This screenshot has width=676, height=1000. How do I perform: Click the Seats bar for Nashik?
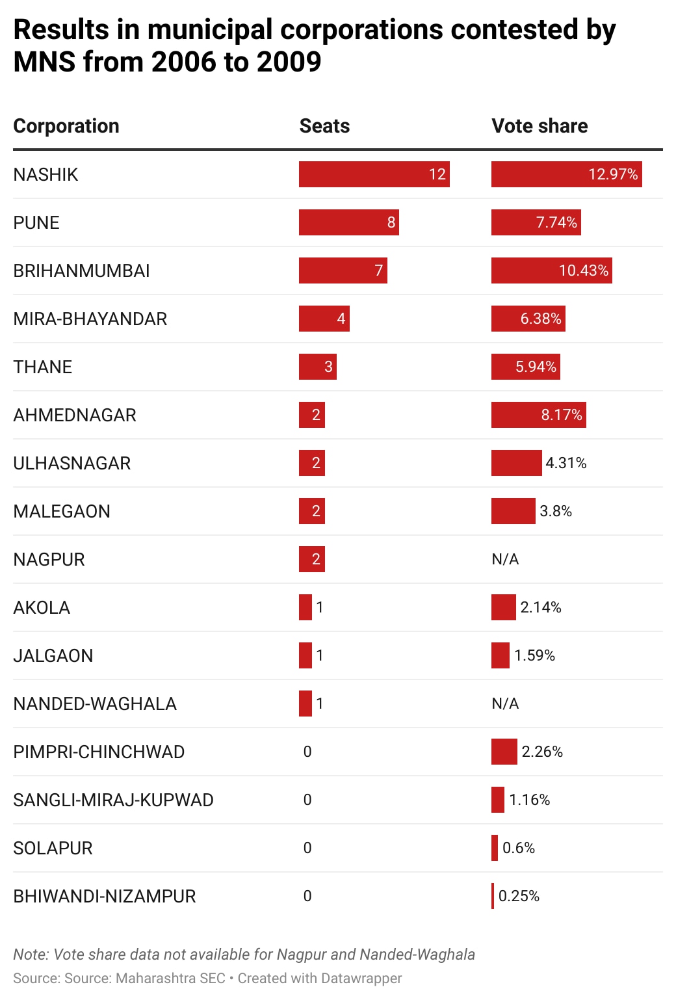[374, 174]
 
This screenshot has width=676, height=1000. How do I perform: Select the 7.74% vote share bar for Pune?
[536, 222]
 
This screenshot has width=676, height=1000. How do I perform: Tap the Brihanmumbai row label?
[81, 270]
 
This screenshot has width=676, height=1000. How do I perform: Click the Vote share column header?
[539, 125]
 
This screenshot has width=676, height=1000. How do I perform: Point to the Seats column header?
[324, 125]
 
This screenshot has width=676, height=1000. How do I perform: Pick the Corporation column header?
[66, 125]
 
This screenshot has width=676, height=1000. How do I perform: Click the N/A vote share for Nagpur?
[505, 559]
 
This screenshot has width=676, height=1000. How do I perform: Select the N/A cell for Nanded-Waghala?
[505, 704]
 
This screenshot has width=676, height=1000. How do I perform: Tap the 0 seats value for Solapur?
[307, 848]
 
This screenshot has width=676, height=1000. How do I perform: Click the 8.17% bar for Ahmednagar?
[538, 415]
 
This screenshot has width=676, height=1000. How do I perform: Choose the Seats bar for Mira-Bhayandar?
[324, 319]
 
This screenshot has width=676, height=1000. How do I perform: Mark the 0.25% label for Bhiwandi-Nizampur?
[519, 896]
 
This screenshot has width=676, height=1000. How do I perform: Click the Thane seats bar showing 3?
[317, 367]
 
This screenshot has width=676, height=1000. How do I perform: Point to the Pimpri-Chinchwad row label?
[99, 752]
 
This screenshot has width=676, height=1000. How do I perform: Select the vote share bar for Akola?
[503, 607]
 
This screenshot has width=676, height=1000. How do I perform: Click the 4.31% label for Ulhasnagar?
[566, 463]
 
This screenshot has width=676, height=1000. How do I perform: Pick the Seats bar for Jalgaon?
[305, 655]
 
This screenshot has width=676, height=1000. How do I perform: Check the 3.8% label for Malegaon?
[556, 511]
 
